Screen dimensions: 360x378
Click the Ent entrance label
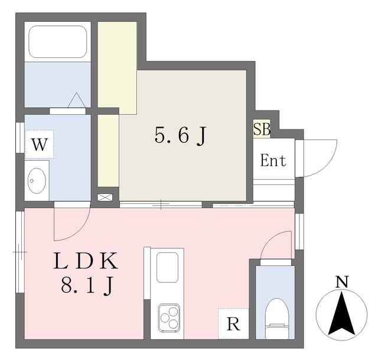coord(273,160)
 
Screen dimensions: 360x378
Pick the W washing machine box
coord(39,144)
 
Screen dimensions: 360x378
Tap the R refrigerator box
coord(233,324)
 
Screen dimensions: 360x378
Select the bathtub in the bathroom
coord(57,41)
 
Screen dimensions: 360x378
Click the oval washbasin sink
coord(38,180)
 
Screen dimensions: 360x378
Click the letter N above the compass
coord(341,283)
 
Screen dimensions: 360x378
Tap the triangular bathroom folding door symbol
coord(78,100)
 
